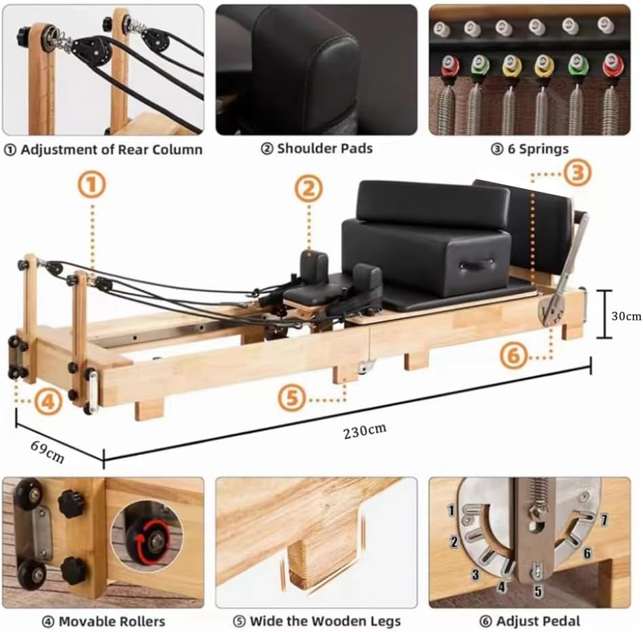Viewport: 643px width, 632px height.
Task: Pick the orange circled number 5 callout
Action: (292, 397)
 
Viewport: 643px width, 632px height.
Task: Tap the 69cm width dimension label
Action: (47, 451)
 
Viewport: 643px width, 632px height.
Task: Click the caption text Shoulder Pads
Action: (317, 148)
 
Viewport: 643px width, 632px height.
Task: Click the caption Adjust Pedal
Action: (529, 621)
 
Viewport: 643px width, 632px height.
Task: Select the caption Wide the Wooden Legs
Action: (317, 621)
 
